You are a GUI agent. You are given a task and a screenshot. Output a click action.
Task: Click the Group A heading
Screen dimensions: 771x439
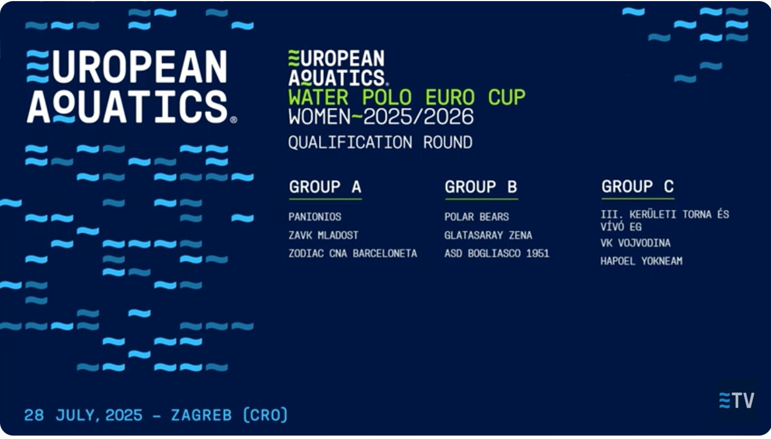(x=325, y=187)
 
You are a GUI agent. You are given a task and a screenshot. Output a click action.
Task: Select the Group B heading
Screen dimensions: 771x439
(x=481, y=187)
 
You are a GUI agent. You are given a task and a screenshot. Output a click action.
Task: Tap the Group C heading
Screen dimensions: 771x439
(x=637, y=186)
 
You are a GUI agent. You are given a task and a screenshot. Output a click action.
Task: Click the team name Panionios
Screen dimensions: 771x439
(x=315, y=217)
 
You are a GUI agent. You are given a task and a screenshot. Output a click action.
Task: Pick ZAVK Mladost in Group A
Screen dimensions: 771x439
(x=323, y=235)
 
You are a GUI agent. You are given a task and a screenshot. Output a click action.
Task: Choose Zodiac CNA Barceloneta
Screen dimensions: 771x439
(x=353, y=254)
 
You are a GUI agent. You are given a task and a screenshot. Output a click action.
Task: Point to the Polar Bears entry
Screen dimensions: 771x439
(x=477, y=217)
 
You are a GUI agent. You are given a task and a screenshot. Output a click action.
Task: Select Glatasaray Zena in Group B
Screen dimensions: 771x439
(x=488, y=235)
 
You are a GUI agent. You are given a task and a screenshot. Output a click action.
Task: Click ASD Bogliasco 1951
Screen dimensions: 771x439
(x=497, y=254)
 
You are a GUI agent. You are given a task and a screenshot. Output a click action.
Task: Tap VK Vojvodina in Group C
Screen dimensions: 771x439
(x=635, y=243)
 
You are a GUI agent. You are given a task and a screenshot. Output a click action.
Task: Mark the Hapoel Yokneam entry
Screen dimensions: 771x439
(x=641, y=261)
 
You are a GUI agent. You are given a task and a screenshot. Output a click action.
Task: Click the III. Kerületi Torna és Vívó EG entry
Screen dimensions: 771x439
(x=665, y=221)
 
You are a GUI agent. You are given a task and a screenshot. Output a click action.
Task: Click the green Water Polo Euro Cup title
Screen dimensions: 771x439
(x=407, y=97)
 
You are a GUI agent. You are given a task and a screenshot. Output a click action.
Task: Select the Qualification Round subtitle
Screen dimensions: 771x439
(x=381, y=142)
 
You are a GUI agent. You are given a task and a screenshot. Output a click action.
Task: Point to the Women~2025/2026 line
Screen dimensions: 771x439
(x=381, y=117)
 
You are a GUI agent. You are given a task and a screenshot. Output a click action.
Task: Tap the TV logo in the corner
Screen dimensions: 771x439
(x=736, y=400)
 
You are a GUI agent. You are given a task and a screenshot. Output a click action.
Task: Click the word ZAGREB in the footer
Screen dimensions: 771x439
(x=201, y=415)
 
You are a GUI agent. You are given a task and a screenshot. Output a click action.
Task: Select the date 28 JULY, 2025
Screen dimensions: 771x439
(x=83, y=415)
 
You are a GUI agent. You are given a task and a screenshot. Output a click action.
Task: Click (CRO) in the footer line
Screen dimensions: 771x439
(x=266, y=415)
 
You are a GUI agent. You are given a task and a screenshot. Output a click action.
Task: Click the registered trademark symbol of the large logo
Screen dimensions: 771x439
(x=233, y=120)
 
